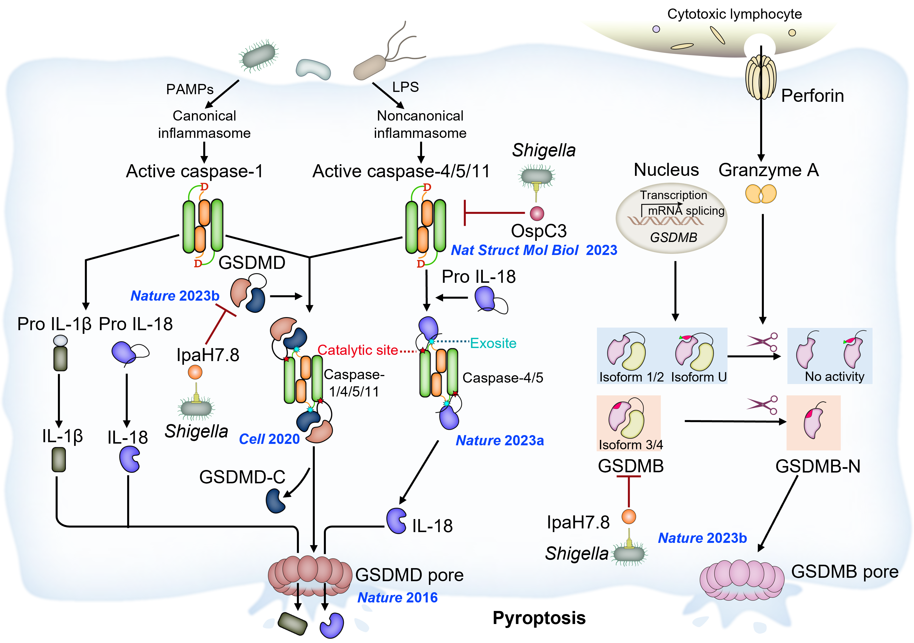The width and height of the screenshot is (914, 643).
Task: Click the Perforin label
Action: (x=812, y=96)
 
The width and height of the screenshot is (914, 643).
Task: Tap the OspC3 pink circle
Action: (x=536, y=213)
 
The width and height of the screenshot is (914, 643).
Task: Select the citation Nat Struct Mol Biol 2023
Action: (x=533, y=250)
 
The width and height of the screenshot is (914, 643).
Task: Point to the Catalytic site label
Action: (x=357, y=350)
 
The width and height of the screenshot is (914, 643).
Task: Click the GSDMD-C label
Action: (x=242, y=477)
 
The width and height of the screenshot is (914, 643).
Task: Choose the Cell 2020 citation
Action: (x=269, y=439)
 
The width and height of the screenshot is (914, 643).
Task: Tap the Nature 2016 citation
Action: (x=397, y=597)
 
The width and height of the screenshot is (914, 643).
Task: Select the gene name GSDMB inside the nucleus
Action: (x=673, y=237)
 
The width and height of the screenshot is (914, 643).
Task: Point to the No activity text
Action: (x=835, y=376)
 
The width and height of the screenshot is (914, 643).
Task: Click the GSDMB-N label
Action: (x=818, y=466)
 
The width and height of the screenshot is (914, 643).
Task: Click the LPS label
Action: (x=405, y=87)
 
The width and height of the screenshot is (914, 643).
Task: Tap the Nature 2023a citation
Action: (x=500, y=440)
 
